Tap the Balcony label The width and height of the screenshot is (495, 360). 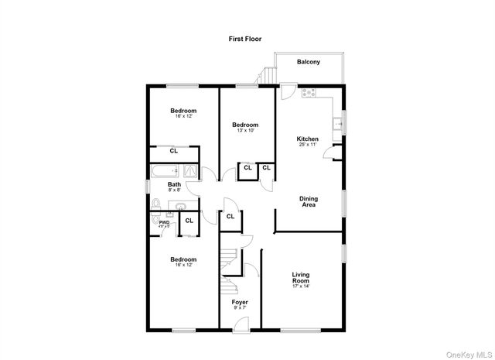click(x=309, y=62)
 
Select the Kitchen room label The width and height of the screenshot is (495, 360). click(x=308, y=139)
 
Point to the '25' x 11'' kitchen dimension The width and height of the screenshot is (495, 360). click(x=308, y=145)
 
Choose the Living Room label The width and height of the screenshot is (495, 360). click(x=301, y=277)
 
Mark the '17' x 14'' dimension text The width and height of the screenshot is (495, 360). click(x=301, y=286)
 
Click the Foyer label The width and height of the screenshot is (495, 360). click(x=240, y=301)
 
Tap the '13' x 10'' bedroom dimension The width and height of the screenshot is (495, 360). click(x=245, y=131)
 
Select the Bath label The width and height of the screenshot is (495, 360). click(x=174, y=184)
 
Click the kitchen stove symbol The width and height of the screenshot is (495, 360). click(x=309, y=94)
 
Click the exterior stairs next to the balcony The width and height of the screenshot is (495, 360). click(x=268, y=75)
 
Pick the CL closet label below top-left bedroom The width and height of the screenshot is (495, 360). click(x=174, y=151)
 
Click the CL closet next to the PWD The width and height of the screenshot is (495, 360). click(x=189, y=221)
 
